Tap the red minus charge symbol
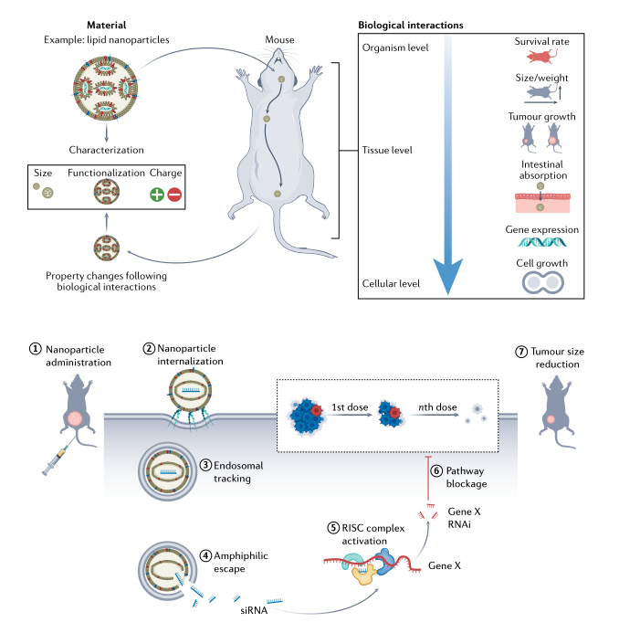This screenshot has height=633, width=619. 174,194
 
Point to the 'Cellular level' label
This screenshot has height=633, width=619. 390,284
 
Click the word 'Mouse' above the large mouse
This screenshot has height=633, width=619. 280,39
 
